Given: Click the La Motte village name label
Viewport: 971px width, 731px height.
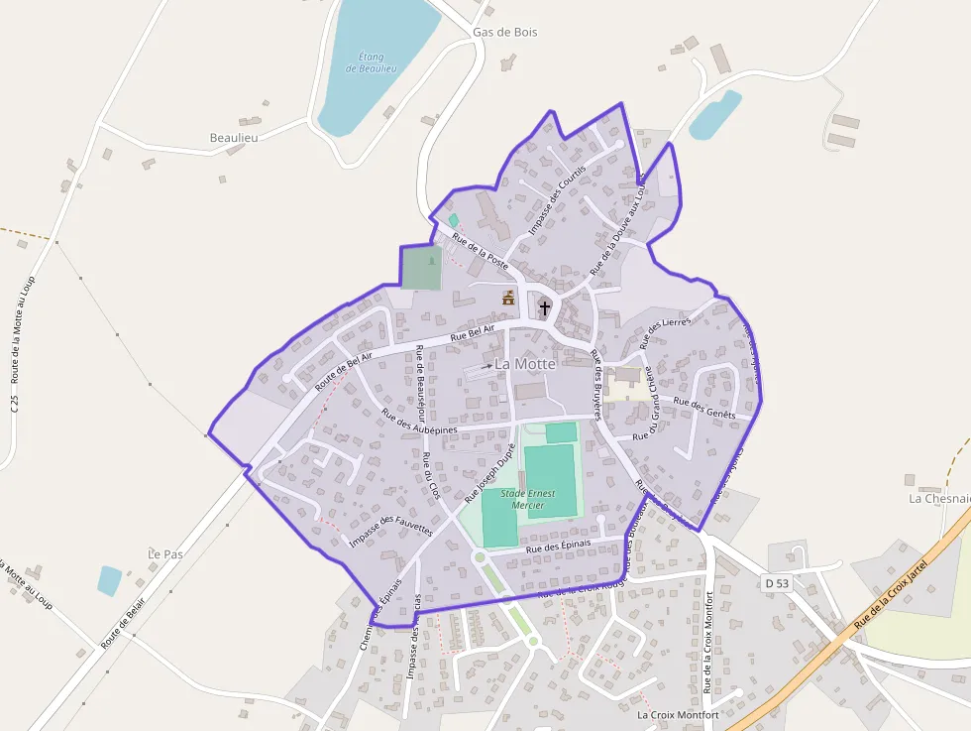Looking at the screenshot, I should click(x=525, y=364).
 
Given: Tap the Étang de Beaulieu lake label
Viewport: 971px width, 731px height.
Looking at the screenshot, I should click(x=372, y=62).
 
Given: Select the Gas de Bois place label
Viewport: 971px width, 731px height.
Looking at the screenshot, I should click(x=504, y=32).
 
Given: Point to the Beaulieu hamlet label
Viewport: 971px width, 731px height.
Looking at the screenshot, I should click(x=234, y=137).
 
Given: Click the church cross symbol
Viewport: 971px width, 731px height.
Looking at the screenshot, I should click(x=544, y=308).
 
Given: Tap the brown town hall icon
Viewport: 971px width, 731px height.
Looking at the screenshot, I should click(x=508, y=297).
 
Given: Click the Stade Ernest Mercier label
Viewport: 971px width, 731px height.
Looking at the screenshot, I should click(x=528, y=499).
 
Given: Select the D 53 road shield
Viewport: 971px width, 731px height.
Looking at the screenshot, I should click(x=778, y=583).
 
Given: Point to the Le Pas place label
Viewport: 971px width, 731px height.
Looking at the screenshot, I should click(x=165, y=553).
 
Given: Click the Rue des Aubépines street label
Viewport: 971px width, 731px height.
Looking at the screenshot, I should click(x=419, y=423).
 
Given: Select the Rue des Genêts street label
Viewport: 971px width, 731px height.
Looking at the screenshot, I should click(x=704, y=407).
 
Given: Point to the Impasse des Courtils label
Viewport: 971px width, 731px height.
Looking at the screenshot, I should click(x=557, y=199).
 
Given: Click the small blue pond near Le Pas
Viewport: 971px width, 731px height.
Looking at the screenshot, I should click(x=109, y=580).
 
